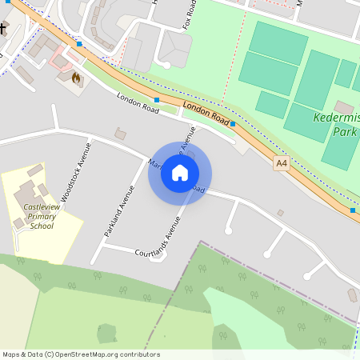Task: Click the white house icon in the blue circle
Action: coord(180,173)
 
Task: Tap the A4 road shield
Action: coord(281,163)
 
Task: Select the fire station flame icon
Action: coord(76,78)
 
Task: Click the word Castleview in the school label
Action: coord(34,208)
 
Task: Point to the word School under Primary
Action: coord(41,226)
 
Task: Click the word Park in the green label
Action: coord(345,131)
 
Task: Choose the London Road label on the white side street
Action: coord(134,102)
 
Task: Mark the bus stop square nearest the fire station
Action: coord(79,44)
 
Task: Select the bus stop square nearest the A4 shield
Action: coord(232,124)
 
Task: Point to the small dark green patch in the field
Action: coord(106,333)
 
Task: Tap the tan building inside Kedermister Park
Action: coord(344,107)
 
